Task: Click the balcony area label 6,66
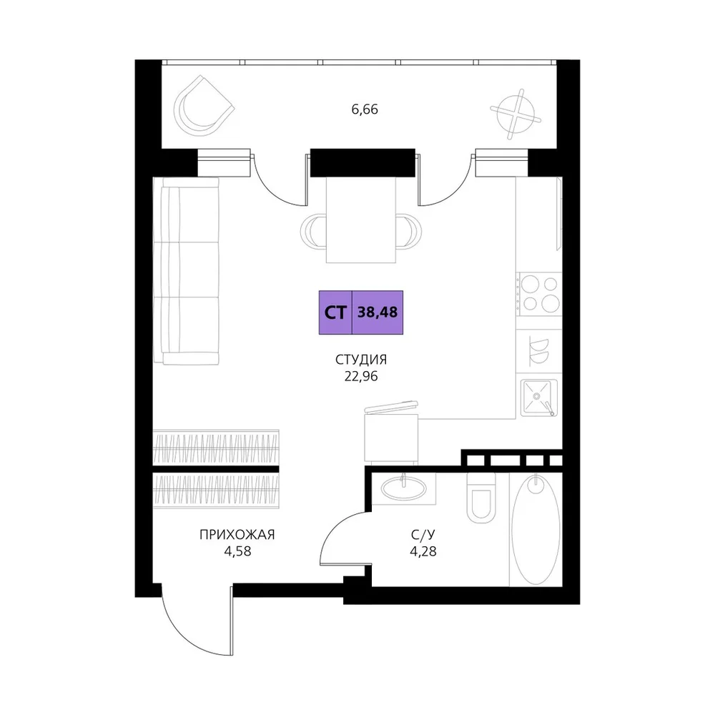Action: pos(365,109)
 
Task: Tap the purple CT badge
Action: pos(335,312)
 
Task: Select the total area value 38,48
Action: pos(378,312)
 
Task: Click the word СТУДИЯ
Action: pos(361,360)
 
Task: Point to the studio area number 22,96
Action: pos(361,377)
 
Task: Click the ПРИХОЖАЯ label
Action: pos(237,534)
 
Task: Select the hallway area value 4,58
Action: pos(237,551)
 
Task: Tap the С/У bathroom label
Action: pos(423,534)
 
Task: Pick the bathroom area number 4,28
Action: pos(423,551)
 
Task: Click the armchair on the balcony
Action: pos(203,106)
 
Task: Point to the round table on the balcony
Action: pos(516,113)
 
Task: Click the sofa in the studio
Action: pos(186,271)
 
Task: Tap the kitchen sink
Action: pos(539,398)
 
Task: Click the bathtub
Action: pos(536,530)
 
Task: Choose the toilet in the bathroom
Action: pos(481,498)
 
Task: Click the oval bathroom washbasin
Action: pos(403,488)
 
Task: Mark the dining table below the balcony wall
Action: pos(360,220)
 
